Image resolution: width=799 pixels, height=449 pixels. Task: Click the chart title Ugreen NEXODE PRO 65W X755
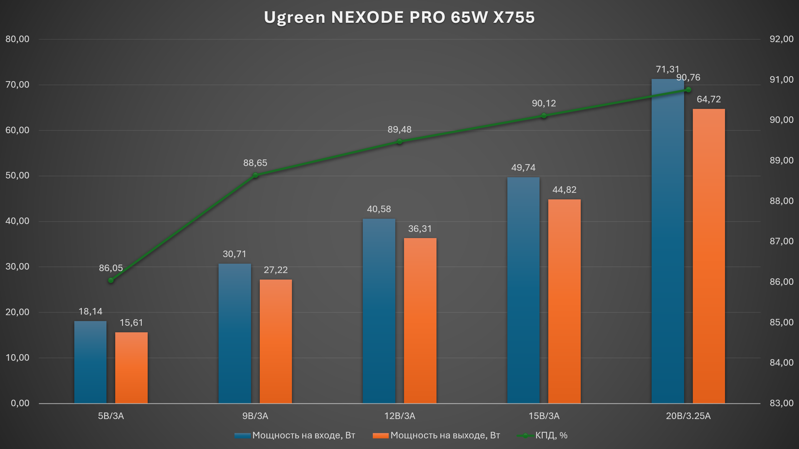399,17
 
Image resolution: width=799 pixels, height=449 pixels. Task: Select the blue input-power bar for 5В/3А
90,362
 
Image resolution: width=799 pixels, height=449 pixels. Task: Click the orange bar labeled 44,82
564,301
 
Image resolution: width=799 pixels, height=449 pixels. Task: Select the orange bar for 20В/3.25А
709,256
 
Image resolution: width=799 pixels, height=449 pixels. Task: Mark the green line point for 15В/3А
544,116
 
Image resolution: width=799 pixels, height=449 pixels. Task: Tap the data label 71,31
667,69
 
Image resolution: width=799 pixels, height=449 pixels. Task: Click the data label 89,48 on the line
399,129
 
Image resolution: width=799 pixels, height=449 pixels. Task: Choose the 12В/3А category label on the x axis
400,416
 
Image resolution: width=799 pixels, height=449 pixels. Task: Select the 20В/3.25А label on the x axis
688,416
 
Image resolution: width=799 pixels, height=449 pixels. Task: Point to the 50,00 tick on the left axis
17,175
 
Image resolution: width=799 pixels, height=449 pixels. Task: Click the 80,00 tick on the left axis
17,39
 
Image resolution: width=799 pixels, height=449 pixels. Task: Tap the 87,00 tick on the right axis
781,241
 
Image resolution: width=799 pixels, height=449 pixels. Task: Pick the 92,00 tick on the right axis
781,39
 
